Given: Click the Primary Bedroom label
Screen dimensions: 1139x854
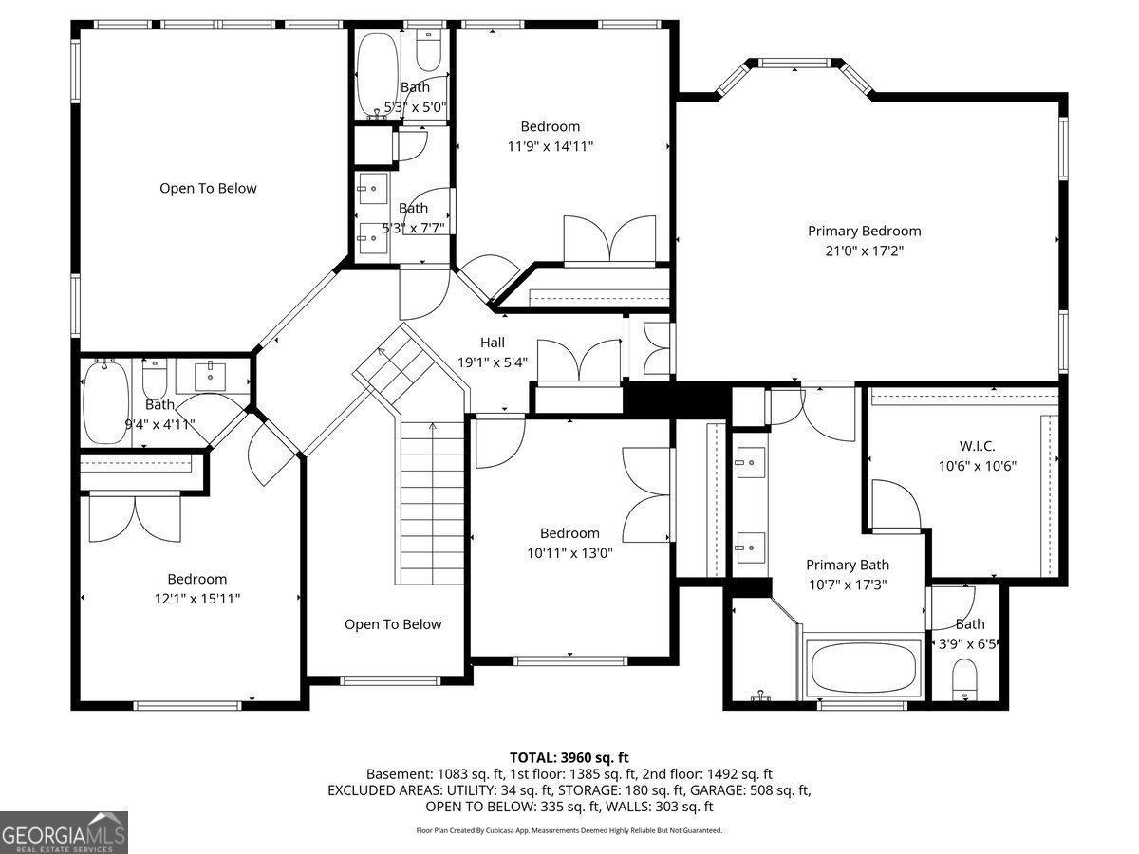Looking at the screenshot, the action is (864, 232).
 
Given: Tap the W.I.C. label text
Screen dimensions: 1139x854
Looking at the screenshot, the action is (977, 446).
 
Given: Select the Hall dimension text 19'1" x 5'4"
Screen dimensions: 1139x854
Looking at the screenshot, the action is (492, 362).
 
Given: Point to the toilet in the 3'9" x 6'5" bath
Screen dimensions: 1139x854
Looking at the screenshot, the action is (964, 680).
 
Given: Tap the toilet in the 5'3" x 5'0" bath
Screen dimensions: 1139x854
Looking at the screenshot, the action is (429, 51).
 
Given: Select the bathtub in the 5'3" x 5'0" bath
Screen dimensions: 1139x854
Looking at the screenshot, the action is (378, 76).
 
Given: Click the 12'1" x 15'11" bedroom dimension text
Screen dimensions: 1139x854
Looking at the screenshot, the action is (197, 599).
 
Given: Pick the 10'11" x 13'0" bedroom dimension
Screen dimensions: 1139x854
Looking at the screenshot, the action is (569, 553).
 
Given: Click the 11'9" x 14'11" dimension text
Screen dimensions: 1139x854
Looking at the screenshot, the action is (550, 146).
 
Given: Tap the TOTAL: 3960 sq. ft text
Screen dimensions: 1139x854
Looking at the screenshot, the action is (569, 757).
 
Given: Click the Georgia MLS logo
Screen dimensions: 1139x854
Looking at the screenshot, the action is (64, 832).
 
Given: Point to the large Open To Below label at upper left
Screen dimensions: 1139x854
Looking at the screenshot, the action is (208, 188).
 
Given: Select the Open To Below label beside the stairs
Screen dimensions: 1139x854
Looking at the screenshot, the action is (393, 624).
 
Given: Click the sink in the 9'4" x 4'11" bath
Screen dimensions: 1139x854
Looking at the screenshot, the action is (210, 377).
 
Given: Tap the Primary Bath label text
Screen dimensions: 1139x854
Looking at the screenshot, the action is (848, 565).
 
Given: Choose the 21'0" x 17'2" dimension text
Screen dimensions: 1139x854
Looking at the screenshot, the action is (865, 251).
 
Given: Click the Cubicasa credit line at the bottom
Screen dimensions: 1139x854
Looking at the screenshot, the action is (569, 830).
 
